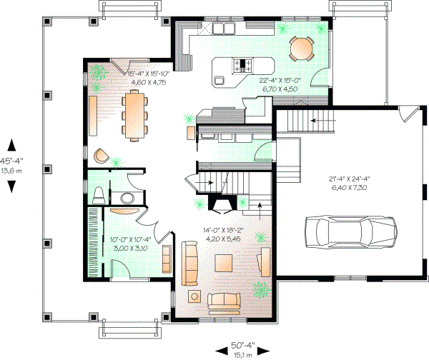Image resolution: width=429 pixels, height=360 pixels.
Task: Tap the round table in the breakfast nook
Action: click(x=302, y=49)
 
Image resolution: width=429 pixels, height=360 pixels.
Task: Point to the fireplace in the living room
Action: click(x=222, y=206)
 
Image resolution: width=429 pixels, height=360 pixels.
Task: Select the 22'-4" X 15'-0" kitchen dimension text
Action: click(x=282, y=81)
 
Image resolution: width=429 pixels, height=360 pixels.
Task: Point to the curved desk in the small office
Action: click(x=124, y=211)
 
